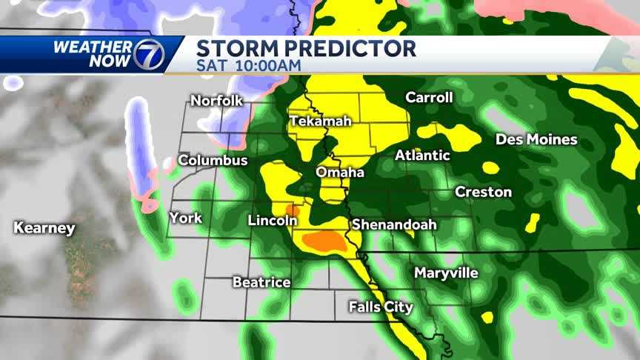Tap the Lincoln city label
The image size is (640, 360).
273,220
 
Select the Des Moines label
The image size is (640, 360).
536,139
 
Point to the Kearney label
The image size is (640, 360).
44,228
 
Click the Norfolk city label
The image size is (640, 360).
217,101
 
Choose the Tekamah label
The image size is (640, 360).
320,121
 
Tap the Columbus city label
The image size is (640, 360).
213,160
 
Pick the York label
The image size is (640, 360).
185,218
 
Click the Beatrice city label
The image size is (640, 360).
261,282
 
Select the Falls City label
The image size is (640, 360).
381,307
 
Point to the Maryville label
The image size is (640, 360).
446,273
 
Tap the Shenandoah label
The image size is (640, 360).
394,224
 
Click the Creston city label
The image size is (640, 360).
483,192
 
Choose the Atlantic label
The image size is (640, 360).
422,156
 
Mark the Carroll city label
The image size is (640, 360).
429,98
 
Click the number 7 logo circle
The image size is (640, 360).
147,54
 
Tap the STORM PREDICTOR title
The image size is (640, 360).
306,49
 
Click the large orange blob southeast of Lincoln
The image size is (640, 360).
324,241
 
